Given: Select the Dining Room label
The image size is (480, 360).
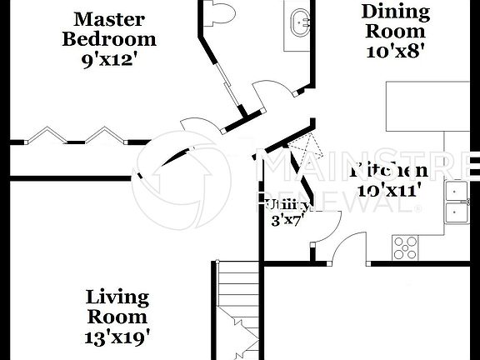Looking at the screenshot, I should [396, 22].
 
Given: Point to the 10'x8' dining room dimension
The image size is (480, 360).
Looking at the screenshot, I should [396, 51].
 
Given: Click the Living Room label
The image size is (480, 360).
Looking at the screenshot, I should [117, 307].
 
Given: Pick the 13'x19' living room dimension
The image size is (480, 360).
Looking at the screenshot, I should [117, 337].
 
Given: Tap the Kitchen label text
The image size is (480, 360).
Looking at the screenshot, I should [388, 170].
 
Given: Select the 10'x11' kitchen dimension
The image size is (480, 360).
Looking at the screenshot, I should [389, 189].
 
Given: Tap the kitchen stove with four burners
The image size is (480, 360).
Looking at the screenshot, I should [406, 247].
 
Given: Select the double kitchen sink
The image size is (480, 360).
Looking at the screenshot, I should [457, 202].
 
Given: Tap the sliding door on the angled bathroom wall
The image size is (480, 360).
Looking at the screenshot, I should [225, 83].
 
